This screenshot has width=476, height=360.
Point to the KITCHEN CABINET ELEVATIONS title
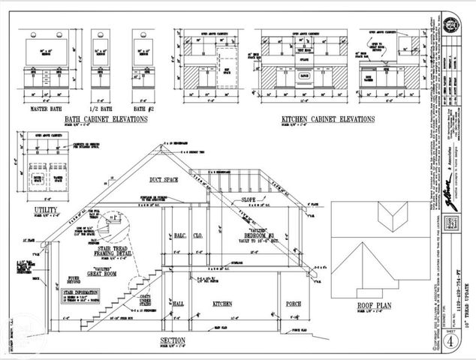pos(328,120)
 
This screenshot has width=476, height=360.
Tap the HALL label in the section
pos(177,304)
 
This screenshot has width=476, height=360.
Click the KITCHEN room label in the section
pos(222,304)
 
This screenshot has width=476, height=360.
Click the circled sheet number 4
pos(449,338)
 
